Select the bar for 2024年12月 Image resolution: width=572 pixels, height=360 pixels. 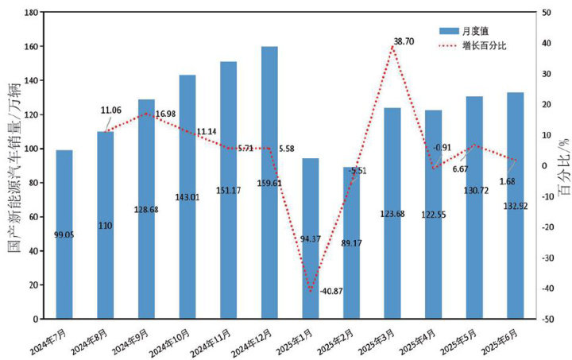tap(269, 183)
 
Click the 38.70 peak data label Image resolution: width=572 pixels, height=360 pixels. tap(404, 40)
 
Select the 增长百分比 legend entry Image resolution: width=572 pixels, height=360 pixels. tap(485, 45)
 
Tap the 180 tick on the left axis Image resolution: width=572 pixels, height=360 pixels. tap(32, 13)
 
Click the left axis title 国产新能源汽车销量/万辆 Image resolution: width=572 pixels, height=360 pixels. tap(14, 165)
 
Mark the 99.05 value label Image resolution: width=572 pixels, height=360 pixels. tap(64, 234)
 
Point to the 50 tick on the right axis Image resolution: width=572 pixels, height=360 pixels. tap(547, 13)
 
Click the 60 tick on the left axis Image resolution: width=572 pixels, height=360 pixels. tap(35, 217)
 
